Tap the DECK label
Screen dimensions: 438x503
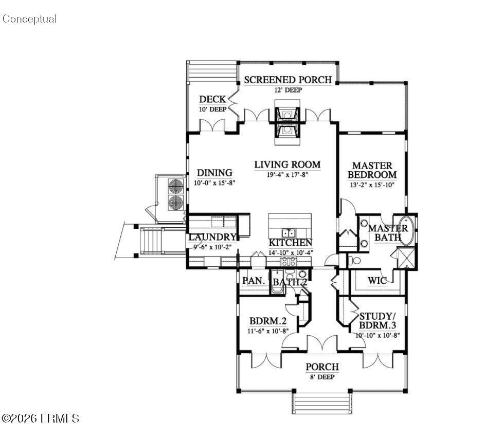click(212, 99)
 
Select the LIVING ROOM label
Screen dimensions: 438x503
click(288, 165)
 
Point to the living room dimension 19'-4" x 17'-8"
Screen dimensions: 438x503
click(288, 175)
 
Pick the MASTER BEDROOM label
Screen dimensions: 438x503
click(373, 170)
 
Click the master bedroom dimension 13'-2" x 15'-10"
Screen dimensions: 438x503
click(373, 185)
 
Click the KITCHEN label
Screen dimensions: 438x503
click(290, 243)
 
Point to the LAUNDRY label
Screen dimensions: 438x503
click(212, 238)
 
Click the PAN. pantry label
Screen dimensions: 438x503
click(254, 281)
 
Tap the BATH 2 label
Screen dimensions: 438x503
click(290, 282)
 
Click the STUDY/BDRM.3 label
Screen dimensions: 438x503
click(377, 321)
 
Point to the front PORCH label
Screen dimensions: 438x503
click(322, 367)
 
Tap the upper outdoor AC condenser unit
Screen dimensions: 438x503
click(175, 185)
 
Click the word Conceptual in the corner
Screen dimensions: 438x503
click(29, 19)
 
